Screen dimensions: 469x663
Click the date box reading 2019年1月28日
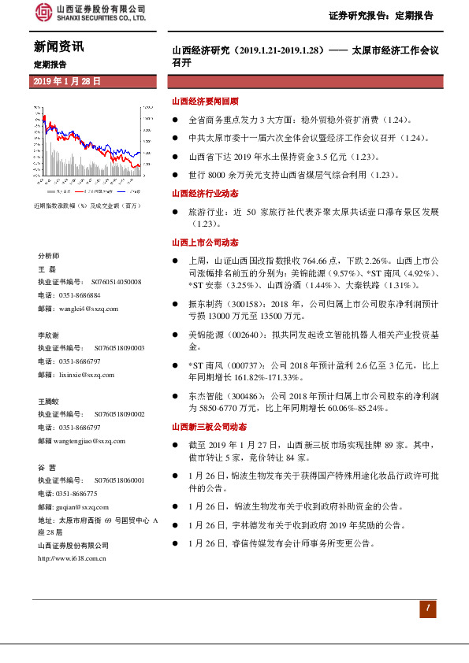click(68, 82)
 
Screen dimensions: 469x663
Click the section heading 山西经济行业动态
click(205, 193)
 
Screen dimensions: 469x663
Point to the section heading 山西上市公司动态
click(205, 243)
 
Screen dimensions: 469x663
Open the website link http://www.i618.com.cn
click(73, 559)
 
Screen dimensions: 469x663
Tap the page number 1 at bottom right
click(426, 609)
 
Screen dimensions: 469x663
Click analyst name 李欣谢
click(49, 334)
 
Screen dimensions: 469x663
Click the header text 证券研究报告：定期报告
click(381, 15)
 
